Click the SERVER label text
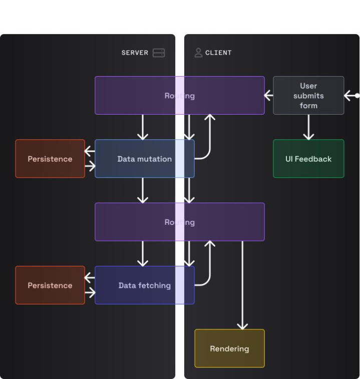point(135,53)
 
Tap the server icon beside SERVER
point(159,53)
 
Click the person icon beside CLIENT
point(198,53)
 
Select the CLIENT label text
point(218,53)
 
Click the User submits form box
point(308,95)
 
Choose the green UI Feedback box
point(308,159)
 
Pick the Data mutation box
point(144,159)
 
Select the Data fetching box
point(144,285)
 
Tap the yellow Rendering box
point(229,348)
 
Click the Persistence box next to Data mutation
point(50,159)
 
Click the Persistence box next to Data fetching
point(50,285)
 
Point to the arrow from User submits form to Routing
point(269,95)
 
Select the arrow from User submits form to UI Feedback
point(308,127)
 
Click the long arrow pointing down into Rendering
point(242,285)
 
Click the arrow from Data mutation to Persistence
point(90,151)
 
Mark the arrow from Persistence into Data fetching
point(90,293)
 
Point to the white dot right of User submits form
point(357,95)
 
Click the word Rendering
point(229,348)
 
